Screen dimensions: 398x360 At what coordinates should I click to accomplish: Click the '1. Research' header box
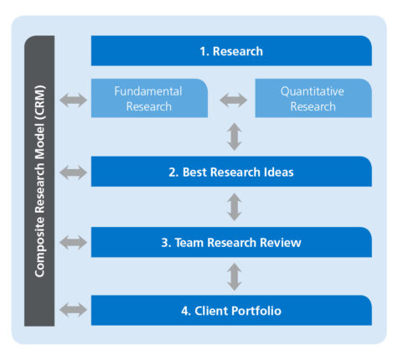point(231,51)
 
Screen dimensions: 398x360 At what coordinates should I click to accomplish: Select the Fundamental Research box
point(149,98)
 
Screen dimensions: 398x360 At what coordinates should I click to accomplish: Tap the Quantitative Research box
point(313,98)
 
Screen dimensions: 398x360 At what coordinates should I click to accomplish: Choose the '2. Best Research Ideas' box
point(231,172)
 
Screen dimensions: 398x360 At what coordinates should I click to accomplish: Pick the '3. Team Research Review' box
point(231,242)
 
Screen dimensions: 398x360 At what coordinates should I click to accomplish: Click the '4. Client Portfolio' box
point(231,310)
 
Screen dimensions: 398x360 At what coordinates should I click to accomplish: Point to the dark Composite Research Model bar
point(39,181)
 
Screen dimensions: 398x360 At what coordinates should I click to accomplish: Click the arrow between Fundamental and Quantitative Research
point(234,100)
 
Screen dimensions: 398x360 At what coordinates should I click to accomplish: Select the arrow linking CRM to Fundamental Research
point(73,100)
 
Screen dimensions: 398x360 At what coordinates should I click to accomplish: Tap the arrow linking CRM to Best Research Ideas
point(73,172)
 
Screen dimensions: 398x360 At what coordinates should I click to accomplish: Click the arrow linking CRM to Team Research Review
point(73,242)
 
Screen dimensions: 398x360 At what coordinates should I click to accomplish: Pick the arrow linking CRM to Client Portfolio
point(73,310)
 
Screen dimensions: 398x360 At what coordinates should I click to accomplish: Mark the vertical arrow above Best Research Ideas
point(235,136)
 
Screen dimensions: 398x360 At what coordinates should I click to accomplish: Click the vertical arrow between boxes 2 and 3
point(235,207)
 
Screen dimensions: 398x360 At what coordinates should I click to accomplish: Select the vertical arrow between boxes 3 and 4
point(235,277)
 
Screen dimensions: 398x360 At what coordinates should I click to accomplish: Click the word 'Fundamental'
point(148,91)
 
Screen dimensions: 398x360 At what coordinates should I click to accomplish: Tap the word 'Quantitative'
point(313,91)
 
